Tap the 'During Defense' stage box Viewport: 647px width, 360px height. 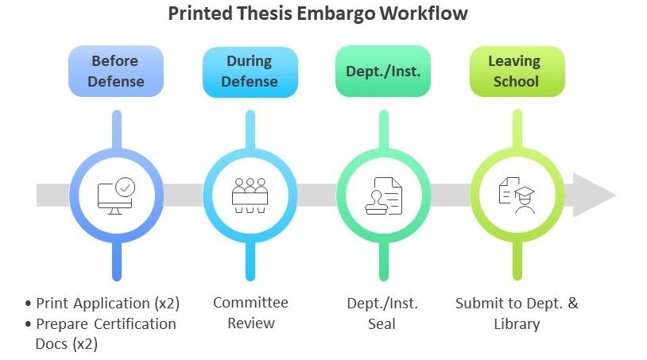250,71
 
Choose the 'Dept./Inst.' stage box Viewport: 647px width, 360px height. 383,71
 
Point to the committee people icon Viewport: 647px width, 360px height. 250,195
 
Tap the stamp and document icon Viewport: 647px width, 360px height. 383,195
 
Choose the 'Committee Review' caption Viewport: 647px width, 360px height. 250,313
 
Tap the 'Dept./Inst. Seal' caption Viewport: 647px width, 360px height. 382,313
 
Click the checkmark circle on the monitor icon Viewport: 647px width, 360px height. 126,187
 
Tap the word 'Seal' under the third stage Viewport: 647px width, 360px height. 382,324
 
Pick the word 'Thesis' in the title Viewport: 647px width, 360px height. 279,14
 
